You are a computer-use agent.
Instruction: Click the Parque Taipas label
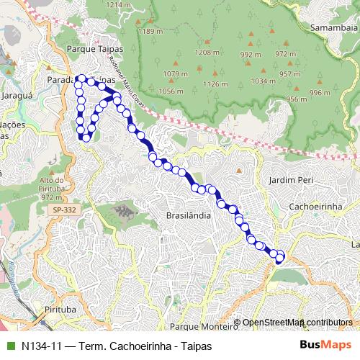pyautogui.click(x=95, y=50)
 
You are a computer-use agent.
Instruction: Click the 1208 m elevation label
pyautogui.click(x=206, y=53)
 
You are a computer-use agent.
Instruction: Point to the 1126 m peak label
pyautogui.click(x=215, y=84)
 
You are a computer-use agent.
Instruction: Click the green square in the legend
pyautogui.click(x=9, y=345)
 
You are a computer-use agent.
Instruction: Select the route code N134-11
pyautogui.click(x=40, y=345)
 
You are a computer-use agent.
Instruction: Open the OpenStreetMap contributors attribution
pyautogui.click(x=297, y=322)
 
